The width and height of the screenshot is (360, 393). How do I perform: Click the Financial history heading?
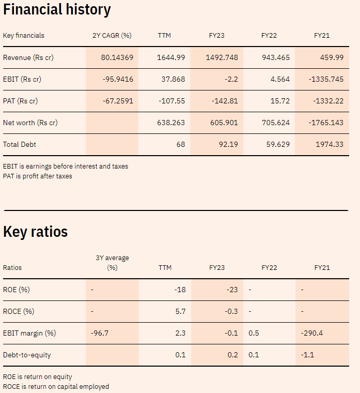click(x=57, y=9)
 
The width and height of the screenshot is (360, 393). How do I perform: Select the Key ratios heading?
click(x=35, y=232)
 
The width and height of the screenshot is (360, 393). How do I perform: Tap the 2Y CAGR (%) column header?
click(x=112, y=36)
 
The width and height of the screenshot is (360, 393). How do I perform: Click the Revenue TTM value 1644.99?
click(x=171, y=57)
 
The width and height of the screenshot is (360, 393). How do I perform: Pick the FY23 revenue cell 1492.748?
click(x=222, y=57)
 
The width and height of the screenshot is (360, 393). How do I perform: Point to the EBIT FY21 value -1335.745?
click(x=326, y=79)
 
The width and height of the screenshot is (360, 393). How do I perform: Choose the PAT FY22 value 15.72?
click(x=280, y=101)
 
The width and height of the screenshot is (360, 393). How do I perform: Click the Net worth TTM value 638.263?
click(x=171, y=123)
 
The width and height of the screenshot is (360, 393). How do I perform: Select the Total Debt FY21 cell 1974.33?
click(x=330, y=144)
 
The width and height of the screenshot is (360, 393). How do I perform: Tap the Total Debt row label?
click(x=20, y=145)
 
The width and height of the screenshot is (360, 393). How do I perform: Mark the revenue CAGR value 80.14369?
click(x=117, y=57)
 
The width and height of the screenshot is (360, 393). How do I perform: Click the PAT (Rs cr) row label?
click(x=20, y=101)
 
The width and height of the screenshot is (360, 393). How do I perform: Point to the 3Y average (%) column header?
click(x=112, y=263)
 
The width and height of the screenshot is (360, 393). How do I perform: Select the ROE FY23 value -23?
click(x=232, y=290)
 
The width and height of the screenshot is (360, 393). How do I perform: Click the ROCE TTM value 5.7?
click(x=180, y=311)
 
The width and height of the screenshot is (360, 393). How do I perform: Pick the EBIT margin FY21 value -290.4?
click(x=312, y=333)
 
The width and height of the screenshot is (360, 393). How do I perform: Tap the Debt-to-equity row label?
click(x=27, y=355)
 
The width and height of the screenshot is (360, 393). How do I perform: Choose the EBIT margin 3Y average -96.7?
click(x=100, y=333)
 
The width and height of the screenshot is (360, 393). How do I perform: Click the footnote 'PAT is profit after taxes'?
click(x=38, y=176)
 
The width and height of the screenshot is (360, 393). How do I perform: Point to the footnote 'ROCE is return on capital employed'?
click(x=56, y=386)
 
